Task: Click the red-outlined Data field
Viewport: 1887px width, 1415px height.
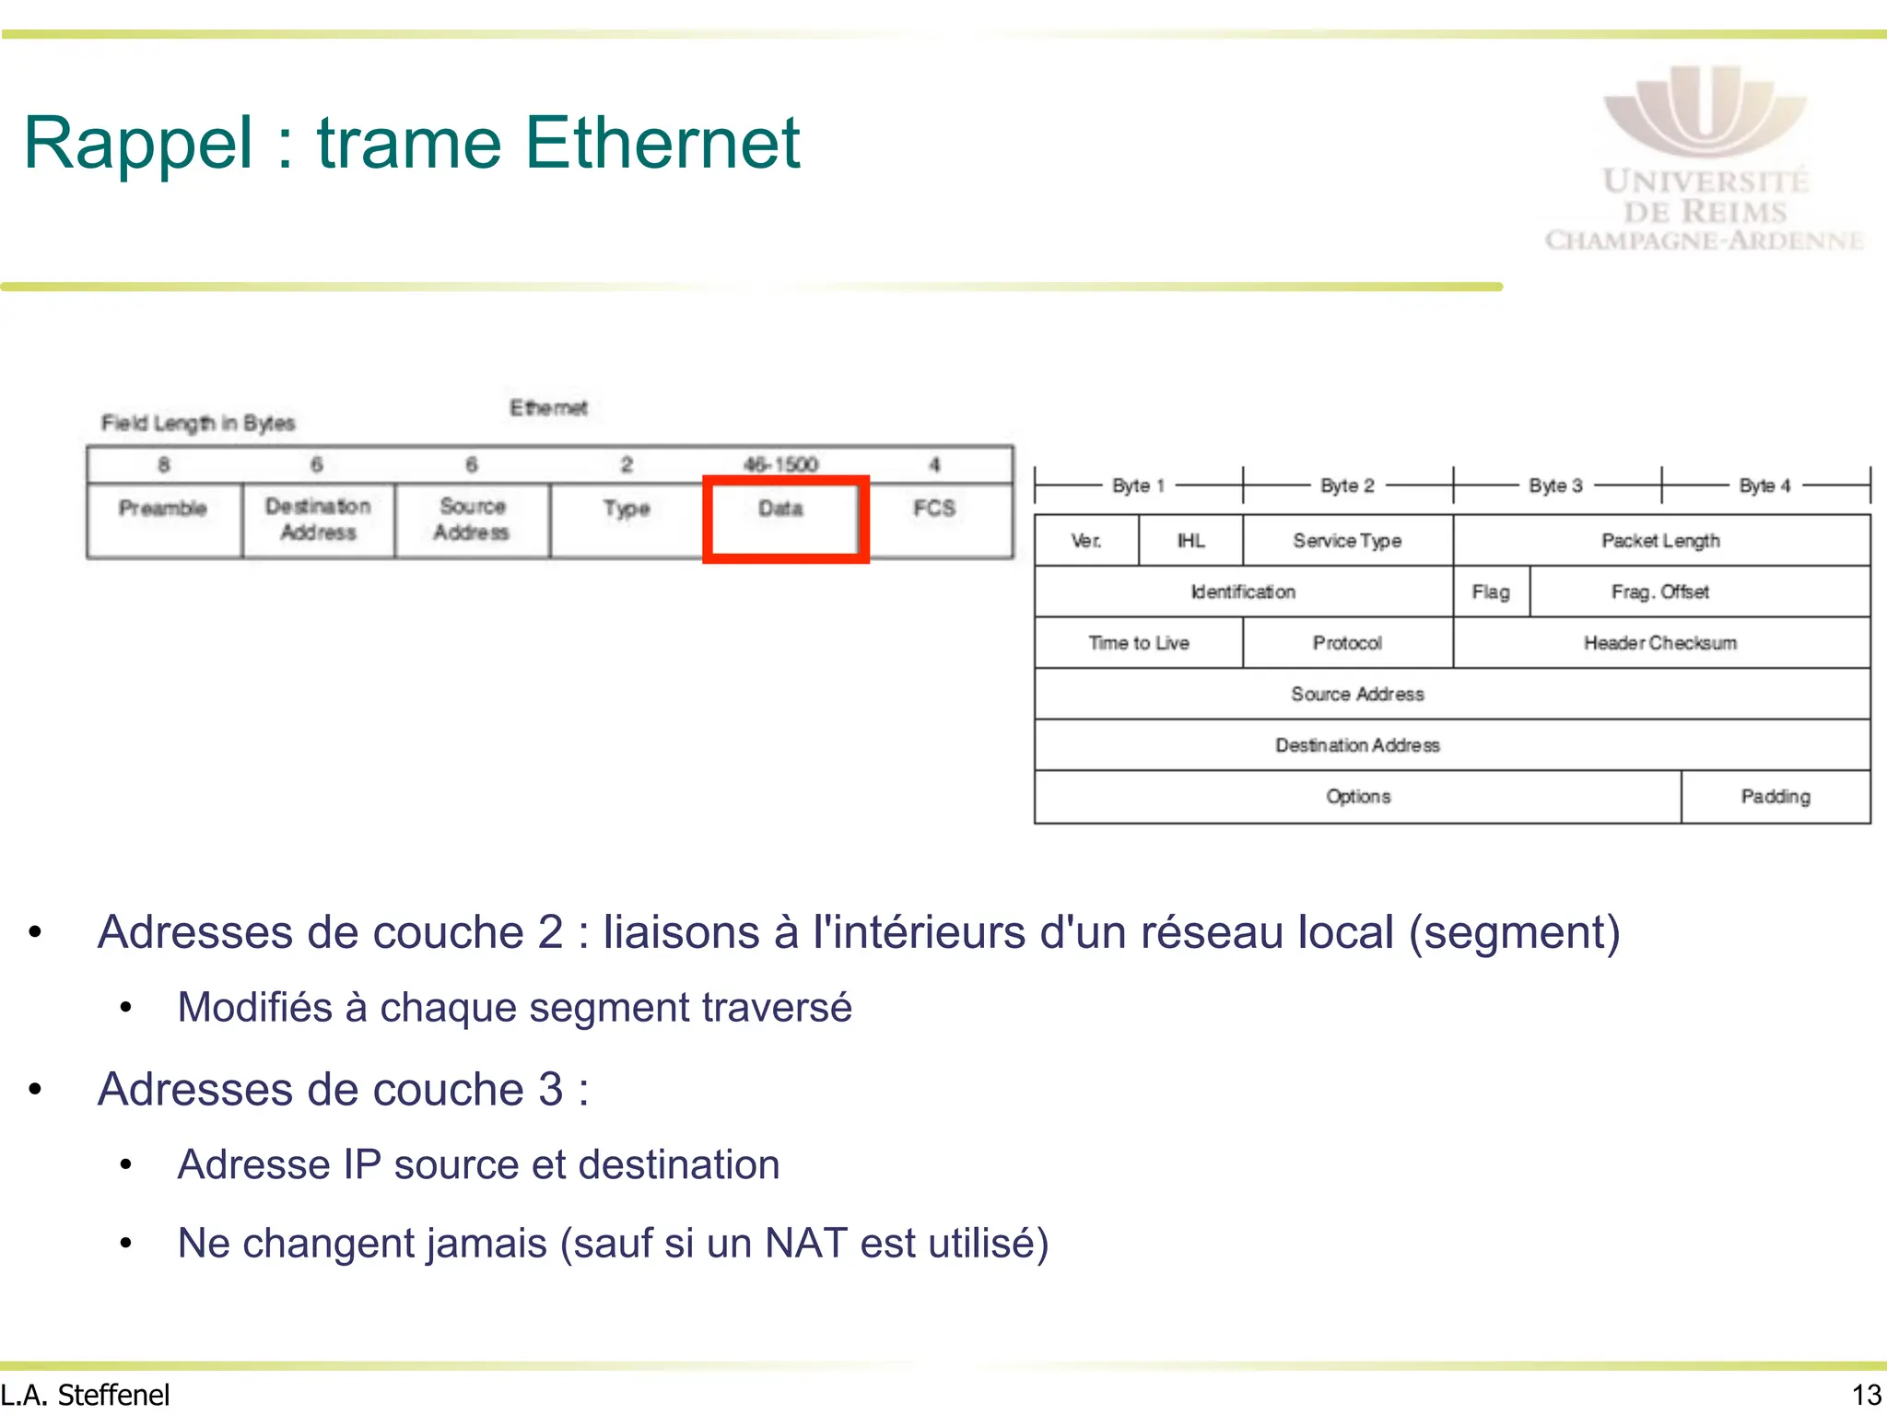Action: [784, 519]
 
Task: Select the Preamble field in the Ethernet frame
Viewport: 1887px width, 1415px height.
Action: [163, 520]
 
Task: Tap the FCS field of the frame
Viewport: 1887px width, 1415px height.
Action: [934, 520]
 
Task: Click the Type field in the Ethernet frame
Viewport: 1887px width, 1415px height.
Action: [627, 520]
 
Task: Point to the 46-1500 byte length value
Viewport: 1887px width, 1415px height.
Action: [780, 464]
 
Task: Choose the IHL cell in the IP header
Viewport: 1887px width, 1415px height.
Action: [1190, 541]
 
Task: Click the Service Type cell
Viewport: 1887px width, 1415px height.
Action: [1347, 541]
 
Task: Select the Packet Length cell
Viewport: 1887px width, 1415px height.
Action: [1660, 541]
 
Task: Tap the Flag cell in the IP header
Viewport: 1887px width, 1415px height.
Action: [1491, 591]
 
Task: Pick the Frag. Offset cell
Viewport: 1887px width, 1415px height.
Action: [1660, 591]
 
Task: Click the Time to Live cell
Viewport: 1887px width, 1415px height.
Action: [1139, 643]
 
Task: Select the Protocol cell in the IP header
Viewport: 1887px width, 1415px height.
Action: [1347, 643]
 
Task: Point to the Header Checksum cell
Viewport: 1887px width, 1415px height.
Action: [1660, 643]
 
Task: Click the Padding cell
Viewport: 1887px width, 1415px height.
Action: [1776, 797]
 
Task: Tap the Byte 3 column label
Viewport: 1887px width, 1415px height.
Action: [1555, 485]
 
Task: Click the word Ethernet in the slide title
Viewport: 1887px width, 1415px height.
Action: [662, 144]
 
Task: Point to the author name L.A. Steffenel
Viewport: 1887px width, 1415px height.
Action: [86, 1395]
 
